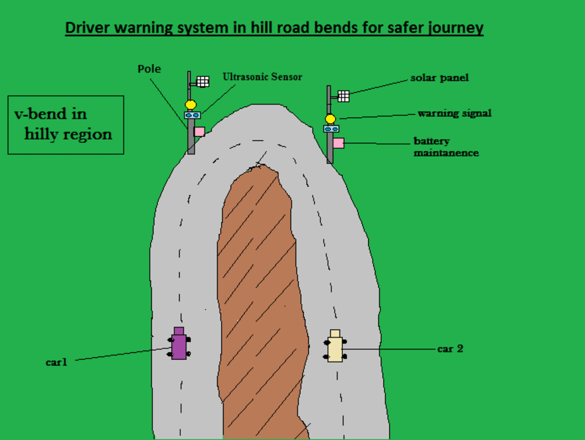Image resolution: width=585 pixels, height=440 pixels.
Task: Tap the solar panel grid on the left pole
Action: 202,81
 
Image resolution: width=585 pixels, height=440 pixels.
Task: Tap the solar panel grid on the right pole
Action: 343,96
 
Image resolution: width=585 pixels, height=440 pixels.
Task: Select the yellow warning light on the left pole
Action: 190,105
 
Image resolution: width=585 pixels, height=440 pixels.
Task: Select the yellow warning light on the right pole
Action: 331,119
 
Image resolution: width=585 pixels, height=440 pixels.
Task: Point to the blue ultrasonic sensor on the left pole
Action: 192,115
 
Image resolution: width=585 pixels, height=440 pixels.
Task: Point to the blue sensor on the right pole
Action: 332,129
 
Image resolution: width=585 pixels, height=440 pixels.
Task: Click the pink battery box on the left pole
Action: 199,132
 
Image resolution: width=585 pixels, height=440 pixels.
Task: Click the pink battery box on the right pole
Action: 338,142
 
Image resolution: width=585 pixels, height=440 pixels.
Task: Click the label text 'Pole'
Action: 149,69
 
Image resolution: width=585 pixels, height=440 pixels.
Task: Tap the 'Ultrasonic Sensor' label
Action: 262,77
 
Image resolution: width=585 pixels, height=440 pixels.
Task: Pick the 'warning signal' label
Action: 454,114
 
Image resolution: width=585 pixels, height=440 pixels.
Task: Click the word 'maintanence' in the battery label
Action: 446,153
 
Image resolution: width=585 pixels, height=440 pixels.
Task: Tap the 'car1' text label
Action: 57,362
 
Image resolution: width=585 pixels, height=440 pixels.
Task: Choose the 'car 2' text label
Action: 450,349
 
